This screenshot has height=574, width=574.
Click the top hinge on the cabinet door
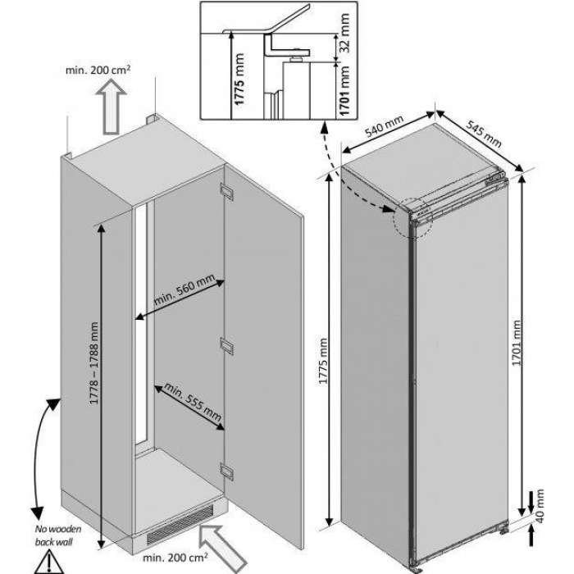pyautogui.click(x=225, y=192)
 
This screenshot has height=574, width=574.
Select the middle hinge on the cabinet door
pyautogui.click(x=225, y=345)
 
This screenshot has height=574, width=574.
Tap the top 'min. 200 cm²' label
pyautogui.click(x=100, y=71)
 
